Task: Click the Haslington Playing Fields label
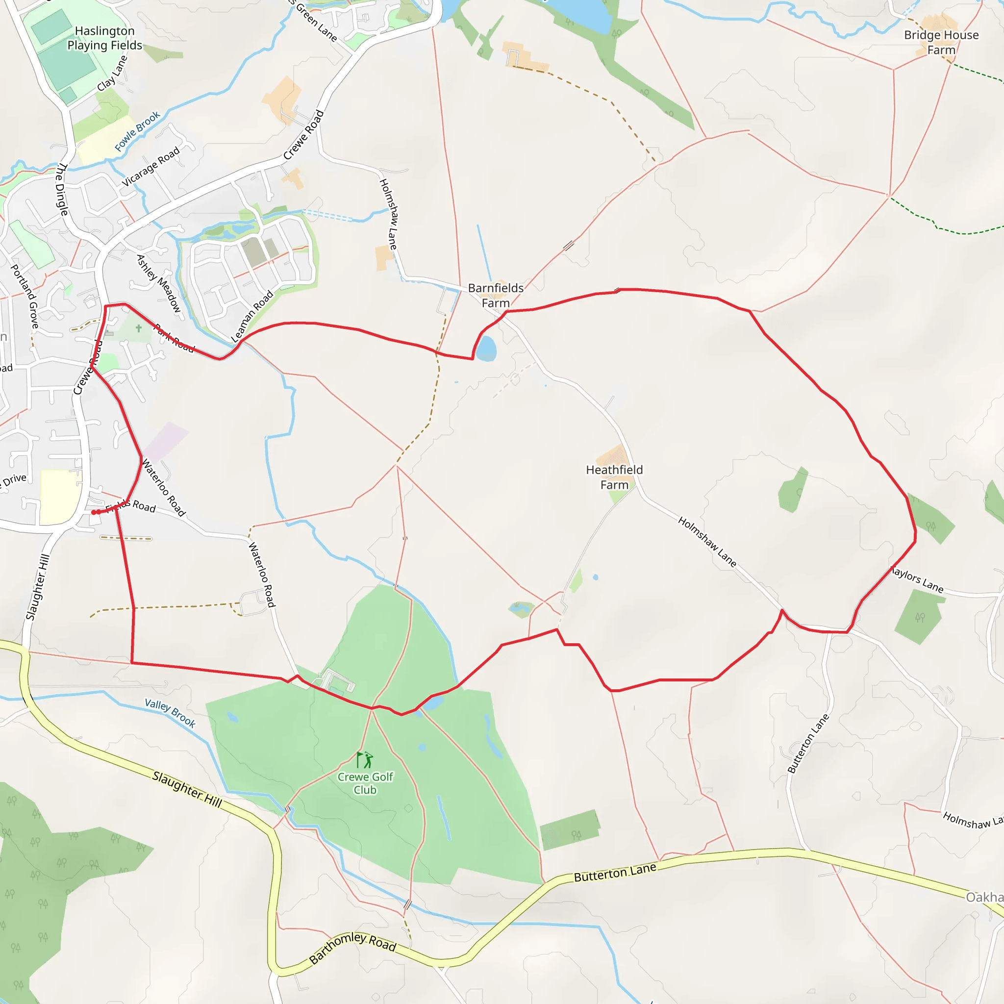(104, 38)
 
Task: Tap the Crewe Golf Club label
(365, 783)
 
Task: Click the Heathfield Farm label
(614, 477)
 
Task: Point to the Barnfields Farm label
(496, 295)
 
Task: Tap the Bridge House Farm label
(941, 43)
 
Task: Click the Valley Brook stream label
(170, 713)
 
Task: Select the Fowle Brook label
(137, 131)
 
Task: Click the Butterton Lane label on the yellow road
(615, 873)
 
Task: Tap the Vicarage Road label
(151, 166)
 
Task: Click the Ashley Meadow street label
(158, 284)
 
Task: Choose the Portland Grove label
(25, 296)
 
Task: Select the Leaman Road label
(252, 316)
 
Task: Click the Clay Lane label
(112, 74)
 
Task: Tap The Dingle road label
(62, 189)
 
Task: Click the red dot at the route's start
(94, 512)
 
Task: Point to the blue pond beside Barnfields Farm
(486, 348)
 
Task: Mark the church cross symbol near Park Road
(139, 328)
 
